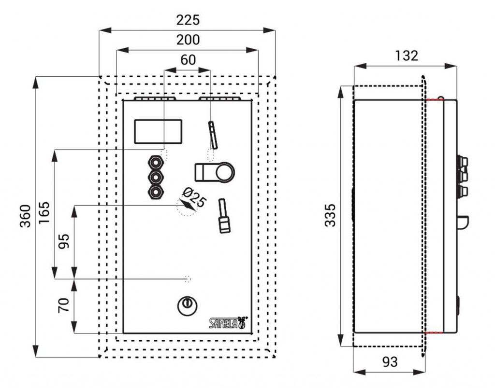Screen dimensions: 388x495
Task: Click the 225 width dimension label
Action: [x=188, y=20]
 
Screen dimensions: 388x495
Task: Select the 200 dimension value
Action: [x=188, y=40]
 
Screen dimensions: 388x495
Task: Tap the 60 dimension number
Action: [x=188, y=59]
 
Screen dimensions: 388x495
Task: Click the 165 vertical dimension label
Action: [x=44, y=212]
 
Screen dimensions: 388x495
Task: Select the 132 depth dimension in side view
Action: [x=406, y=55]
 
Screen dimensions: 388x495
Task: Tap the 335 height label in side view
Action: [x=330, y=215]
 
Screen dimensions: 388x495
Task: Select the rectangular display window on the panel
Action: [x=158, y=131]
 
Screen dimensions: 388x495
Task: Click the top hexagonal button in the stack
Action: [x=156, y=162]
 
